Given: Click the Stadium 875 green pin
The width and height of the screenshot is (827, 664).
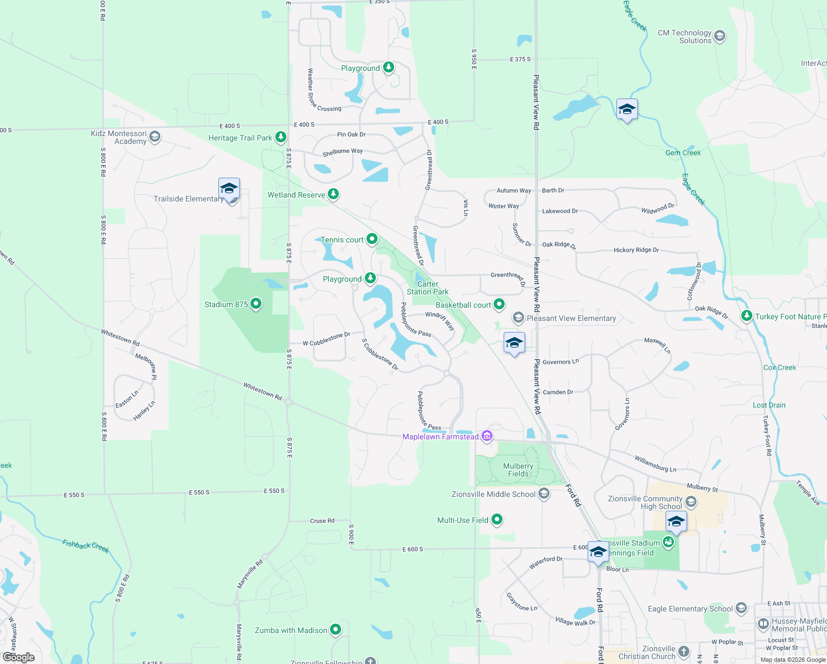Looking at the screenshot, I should click(x=255, y=304).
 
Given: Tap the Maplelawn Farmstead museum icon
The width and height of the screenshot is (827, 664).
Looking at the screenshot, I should click(x=487, y=437).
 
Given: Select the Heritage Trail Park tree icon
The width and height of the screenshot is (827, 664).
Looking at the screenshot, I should click(x=281, y=137).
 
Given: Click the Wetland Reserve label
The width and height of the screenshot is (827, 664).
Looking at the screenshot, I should click(x=296, y=195).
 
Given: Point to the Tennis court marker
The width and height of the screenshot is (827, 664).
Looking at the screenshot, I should click(x=372, y=239).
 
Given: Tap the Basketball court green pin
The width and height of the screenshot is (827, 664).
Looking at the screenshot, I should click(x=499, y=304).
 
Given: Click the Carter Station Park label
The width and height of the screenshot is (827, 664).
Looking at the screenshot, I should click(x=427, y=288).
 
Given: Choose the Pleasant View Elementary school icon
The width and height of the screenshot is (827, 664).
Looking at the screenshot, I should click(x=519, y=318).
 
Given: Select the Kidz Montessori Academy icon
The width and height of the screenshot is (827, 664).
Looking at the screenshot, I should click(x=155, y=137).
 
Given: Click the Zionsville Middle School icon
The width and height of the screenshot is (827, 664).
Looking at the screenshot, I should click(x=544, y=494).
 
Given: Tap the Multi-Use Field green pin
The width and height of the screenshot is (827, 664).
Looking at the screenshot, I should click(x=497, y=520).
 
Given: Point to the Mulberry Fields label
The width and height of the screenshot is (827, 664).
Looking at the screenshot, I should click(x=518, y=470).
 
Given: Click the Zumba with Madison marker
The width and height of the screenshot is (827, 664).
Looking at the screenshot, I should click(x=336, y=630).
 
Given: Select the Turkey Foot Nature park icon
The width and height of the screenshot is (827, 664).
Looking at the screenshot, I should click(x=747, y=316).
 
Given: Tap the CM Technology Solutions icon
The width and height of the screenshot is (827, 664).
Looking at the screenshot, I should click(x=720, y=37).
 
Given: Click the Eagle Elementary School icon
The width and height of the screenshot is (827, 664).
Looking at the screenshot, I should click(x=741, y=609).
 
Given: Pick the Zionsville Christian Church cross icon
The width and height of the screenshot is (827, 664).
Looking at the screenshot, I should click(x=684, y=652).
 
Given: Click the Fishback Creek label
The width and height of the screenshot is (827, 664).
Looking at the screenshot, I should click(x=86, y=546).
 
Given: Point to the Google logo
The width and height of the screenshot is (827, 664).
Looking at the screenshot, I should click(x=19, y=657).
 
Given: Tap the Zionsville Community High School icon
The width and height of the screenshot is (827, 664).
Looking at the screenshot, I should click(x=691, y=502).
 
